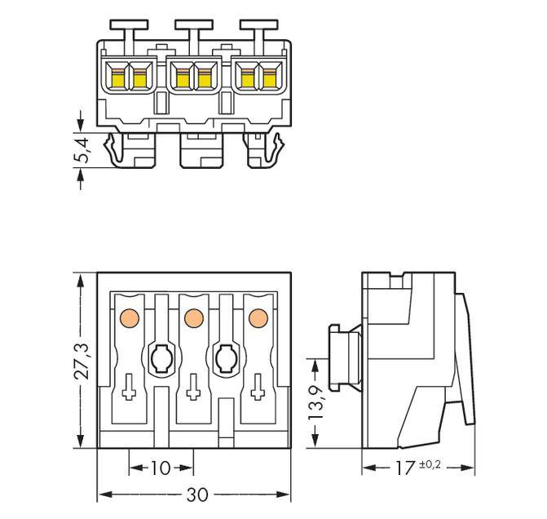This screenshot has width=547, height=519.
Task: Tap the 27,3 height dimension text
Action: coord(82,360)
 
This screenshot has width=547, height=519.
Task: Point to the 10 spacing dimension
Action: coord(161,468)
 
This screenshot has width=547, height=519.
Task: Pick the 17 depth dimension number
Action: coord(403,468)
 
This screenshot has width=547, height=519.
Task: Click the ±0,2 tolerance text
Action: coord(431,464)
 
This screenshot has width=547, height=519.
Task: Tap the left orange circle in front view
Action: coord(128,317)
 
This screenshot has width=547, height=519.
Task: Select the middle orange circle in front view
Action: coord(193,317)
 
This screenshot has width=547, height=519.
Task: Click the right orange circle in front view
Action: coord(258,317)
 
